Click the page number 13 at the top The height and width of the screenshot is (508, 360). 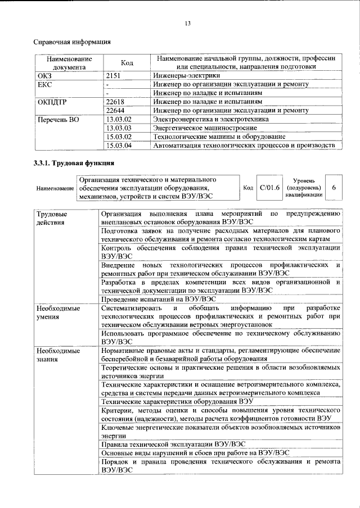188,24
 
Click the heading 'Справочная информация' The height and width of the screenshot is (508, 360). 71,42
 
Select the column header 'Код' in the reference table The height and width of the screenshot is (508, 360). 127,63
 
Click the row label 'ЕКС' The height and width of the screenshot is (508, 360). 44,84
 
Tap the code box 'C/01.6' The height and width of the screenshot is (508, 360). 267,187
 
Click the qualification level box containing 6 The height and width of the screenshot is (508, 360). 335,187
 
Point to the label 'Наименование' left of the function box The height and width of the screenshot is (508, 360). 53,188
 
